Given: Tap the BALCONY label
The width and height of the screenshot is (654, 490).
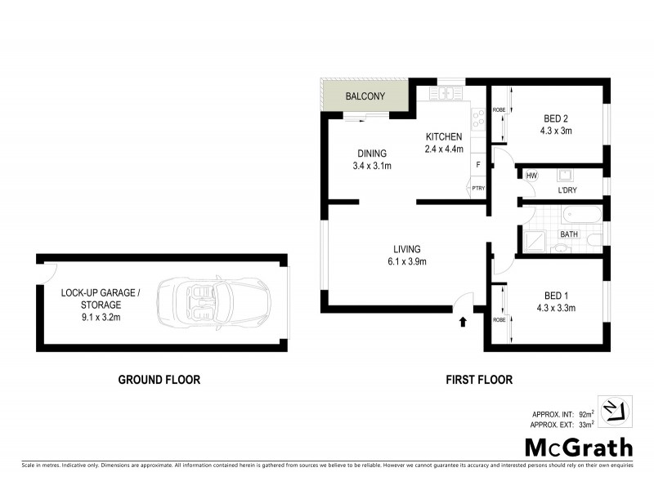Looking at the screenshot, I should coord(365,96).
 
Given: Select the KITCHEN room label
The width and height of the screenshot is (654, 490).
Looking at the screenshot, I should coord(443,136).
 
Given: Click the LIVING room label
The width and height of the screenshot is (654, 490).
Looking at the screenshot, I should coord(406,249).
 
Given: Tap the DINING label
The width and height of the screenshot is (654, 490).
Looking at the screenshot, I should coord(371,154).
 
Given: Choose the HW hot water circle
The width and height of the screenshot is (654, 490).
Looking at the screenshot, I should coord(531,176).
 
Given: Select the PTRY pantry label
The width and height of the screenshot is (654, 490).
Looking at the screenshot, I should coord(478,189).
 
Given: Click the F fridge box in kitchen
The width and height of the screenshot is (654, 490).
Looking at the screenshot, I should coord(478,165).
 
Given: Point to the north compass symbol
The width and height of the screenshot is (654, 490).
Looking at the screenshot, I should coord(610,411).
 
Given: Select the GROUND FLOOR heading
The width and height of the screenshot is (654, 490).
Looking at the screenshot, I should coord(159,379).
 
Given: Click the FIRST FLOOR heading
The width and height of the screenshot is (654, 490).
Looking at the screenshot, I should coord(479,379).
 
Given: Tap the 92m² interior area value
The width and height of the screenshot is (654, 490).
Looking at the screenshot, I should coord(585,415).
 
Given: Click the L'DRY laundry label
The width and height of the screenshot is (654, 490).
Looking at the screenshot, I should coord(569,190).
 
